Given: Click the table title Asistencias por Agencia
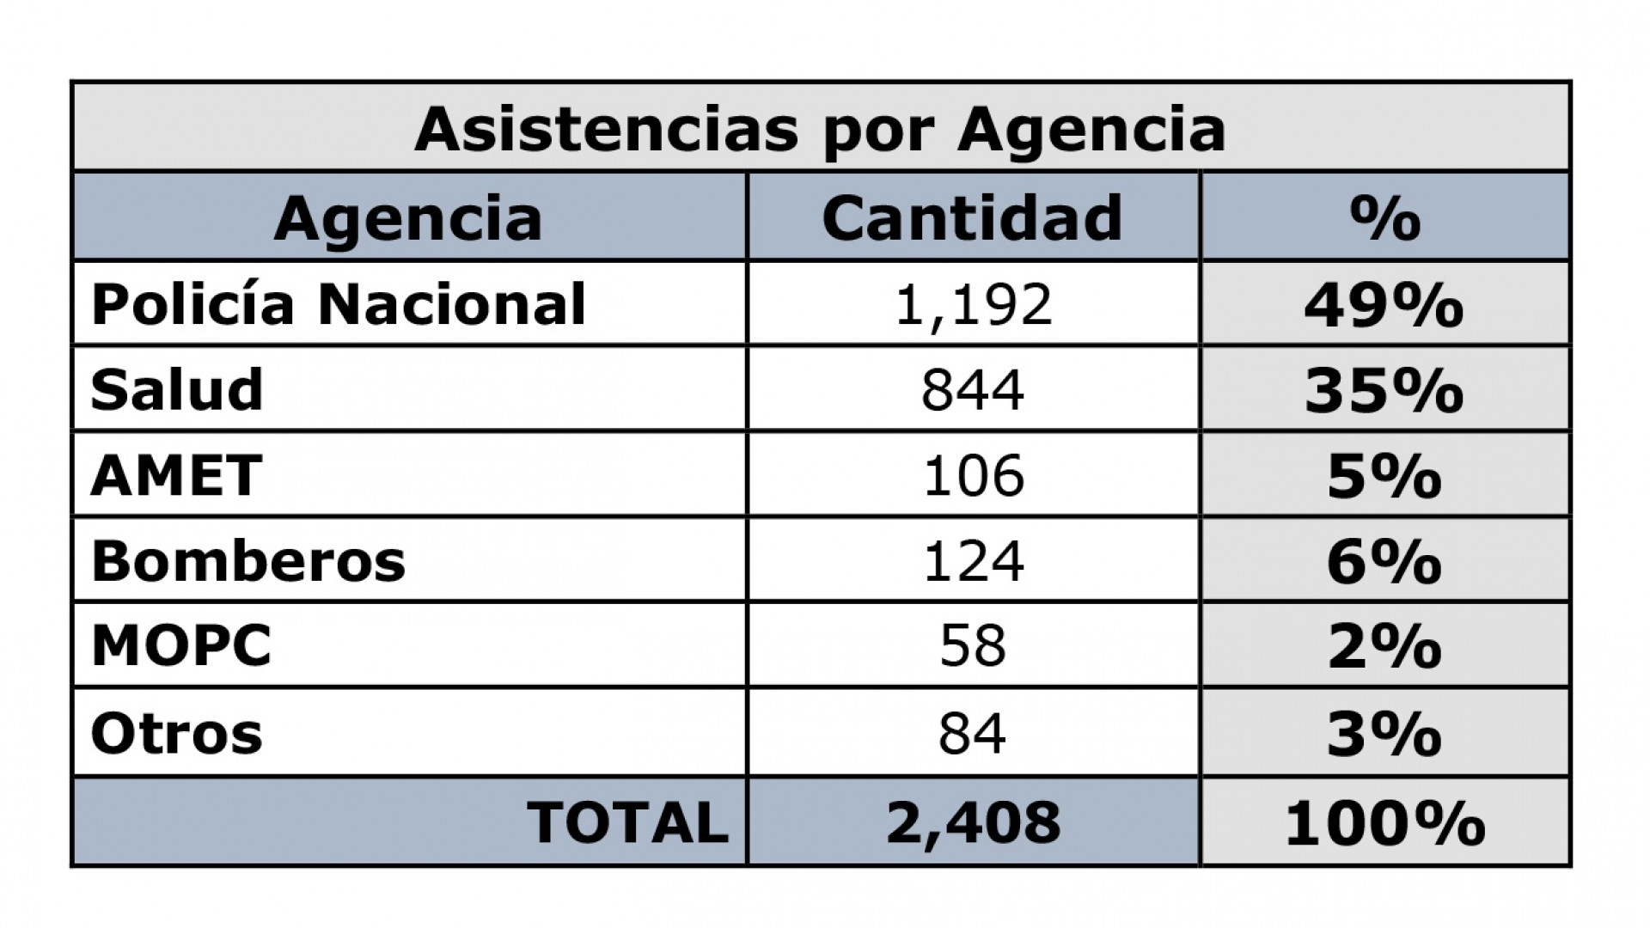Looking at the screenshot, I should click(x=820, y=130).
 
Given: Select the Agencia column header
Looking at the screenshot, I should click(x=408, y=218).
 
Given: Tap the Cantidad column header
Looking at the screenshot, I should click(x=972, y=218).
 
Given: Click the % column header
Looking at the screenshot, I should click(x=1384, y=218).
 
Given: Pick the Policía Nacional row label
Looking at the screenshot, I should click(x=338, y=304).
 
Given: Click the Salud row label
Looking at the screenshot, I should click(x=176, y=389).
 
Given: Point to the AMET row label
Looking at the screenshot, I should click(x=176, y=475).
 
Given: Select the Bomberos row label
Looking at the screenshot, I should click(x=247, y=561).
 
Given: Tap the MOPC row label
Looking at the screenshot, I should click(x=181, y=645).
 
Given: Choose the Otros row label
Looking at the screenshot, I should click(x=176, y=734).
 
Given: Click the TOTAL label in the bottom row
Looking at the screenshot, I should click(x=627, y=822).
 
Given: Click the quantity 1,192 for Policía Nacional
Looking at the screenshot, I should click(x=973, y=304).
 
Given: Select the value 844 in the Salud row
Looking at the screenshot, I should click(x=973, y=389).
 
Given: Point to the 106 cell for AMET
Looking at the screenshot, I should click(x=973, y=475).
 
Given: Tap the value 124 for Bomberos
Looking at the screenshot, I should click(x=973, y=561).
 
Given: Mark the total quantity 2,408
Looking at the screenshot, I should click(x=973, y=822).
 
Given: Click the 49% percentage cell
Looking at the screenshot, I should click(x=1384, y=304).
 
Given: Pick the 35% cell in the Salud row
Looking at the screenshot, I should click(x=1384, y=389).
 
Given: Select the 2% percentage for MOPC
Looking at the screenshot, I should click(x=1384, y=645).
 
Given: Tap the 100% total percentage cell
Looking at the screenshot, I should click(x=1384, y=822).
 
